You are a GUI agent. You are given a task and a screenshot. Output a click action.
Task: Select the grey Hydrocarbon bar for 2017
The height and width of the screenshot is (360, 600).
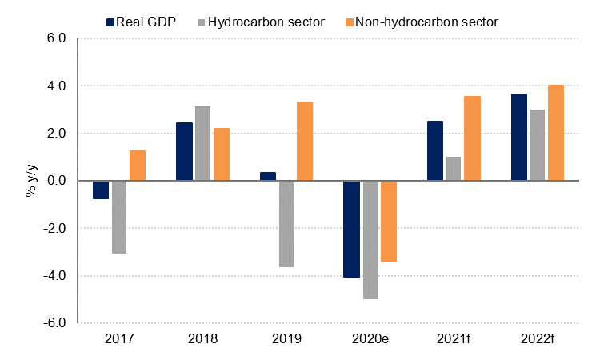click(x=119, y=217)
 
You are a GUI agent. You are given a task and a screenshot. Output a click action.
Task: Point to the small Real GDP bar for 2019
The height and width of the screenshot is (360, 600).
click(x=268, y=176)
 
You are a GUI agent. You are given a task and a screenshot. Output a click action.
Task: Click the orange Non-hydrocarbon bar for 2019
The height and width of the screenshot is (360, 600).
click(x=306, y=141)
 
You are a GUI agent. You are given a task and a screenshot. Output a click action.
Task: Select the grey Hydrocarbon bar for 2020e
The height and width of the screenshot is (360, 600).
click(x=370, y=240)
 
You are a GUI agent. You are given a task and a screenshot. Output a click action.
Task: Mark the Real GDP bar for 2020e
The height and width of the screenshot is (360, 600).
click(x=351, y=229)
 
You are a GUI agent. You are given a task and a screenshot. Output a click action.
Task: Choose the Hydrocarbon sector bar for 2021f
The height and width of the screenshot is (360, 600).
click(x=454, y=169)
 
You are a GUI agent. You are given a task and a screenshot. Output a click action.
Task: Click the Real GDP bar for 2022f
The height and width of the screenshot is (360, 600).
click(x=518, y=137)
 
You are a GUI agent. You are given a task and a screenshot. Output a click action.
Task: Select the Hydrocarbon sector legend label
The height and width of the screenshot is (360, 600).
click(x=266, y=22)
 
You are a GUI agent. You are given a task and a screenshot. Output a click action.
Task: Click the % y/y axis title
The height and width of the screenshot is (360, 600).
click(x=18, y=181)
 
